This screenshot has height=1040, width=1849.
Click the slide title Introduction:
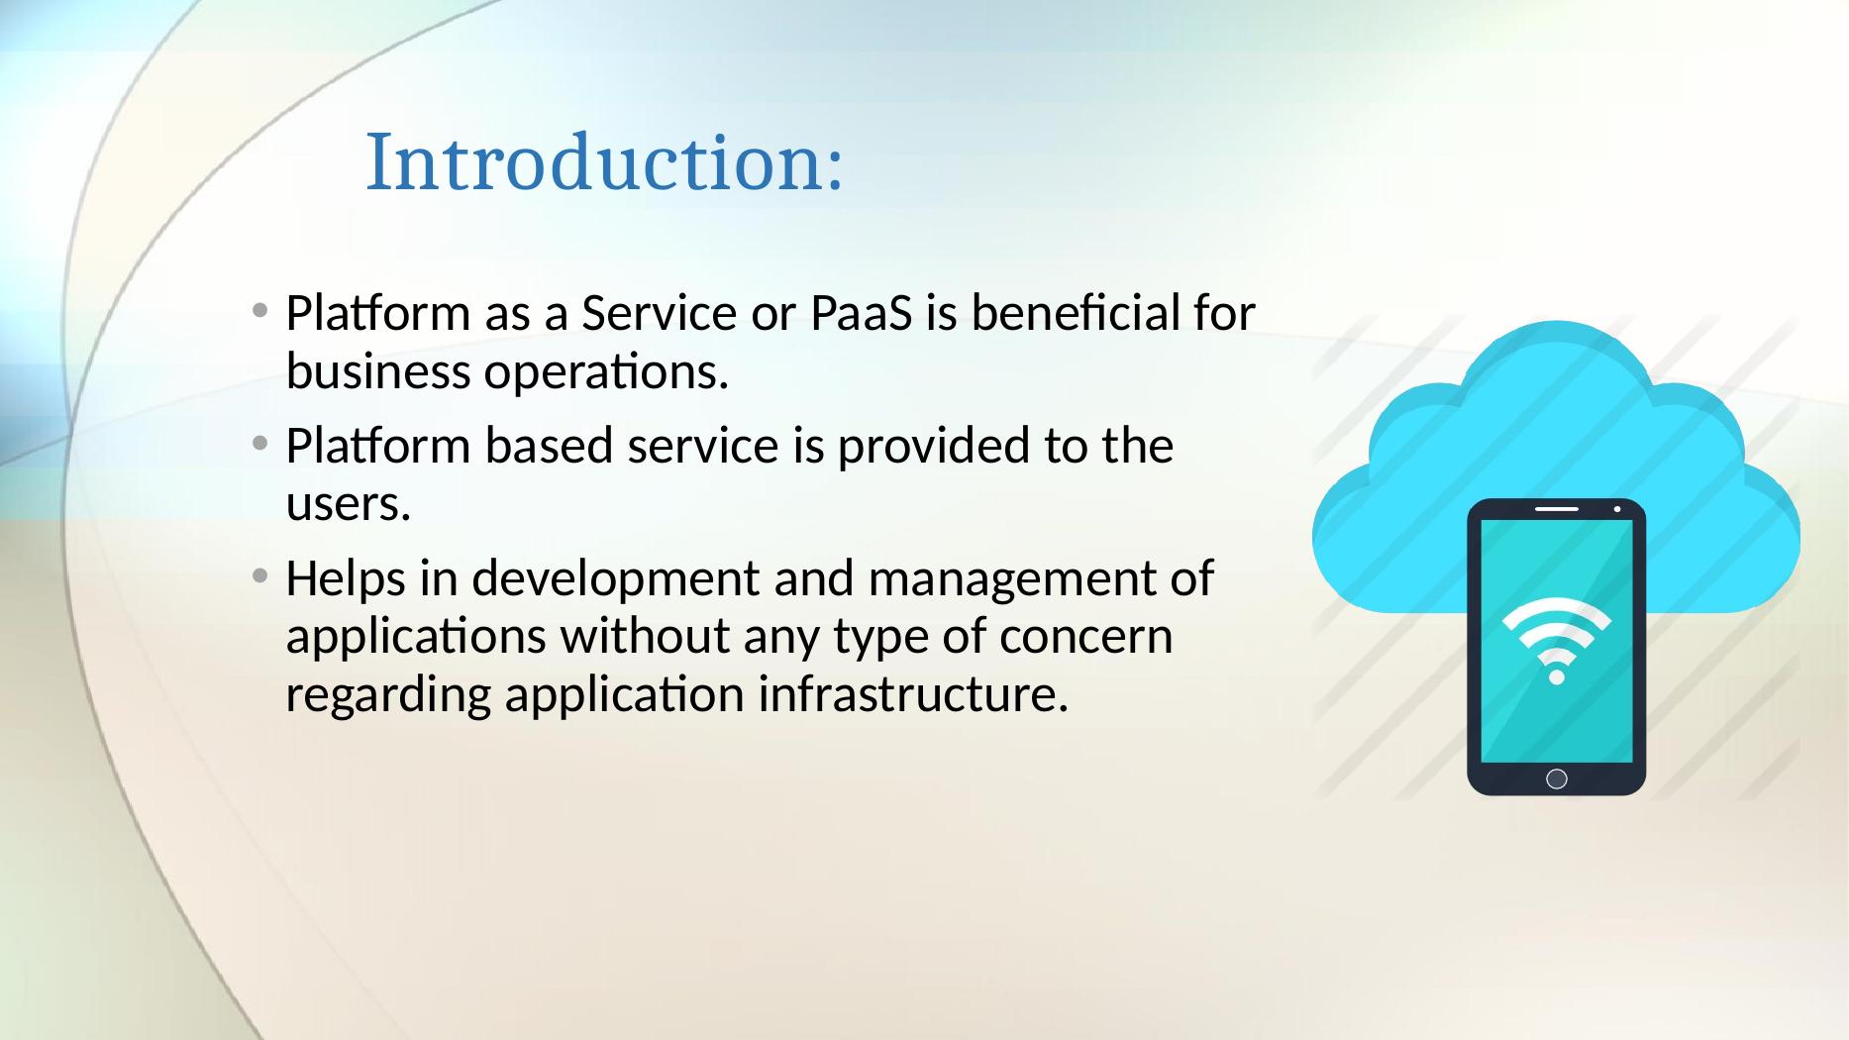click(604, 162)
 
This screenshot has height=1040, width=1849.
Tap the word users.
click(348, 505)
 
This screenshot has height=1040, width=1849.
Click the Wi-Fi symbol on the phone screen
click(1556, 639)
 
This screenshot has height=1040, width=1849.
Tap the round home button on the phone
click(1556, 779)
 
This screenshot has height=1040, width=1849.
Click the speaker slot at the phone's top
click(1556, 509)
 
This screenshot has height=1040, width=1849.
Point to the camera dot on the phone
click(1616, 509)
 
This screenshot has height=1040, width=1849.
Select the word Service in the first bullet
click(660, 315)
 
